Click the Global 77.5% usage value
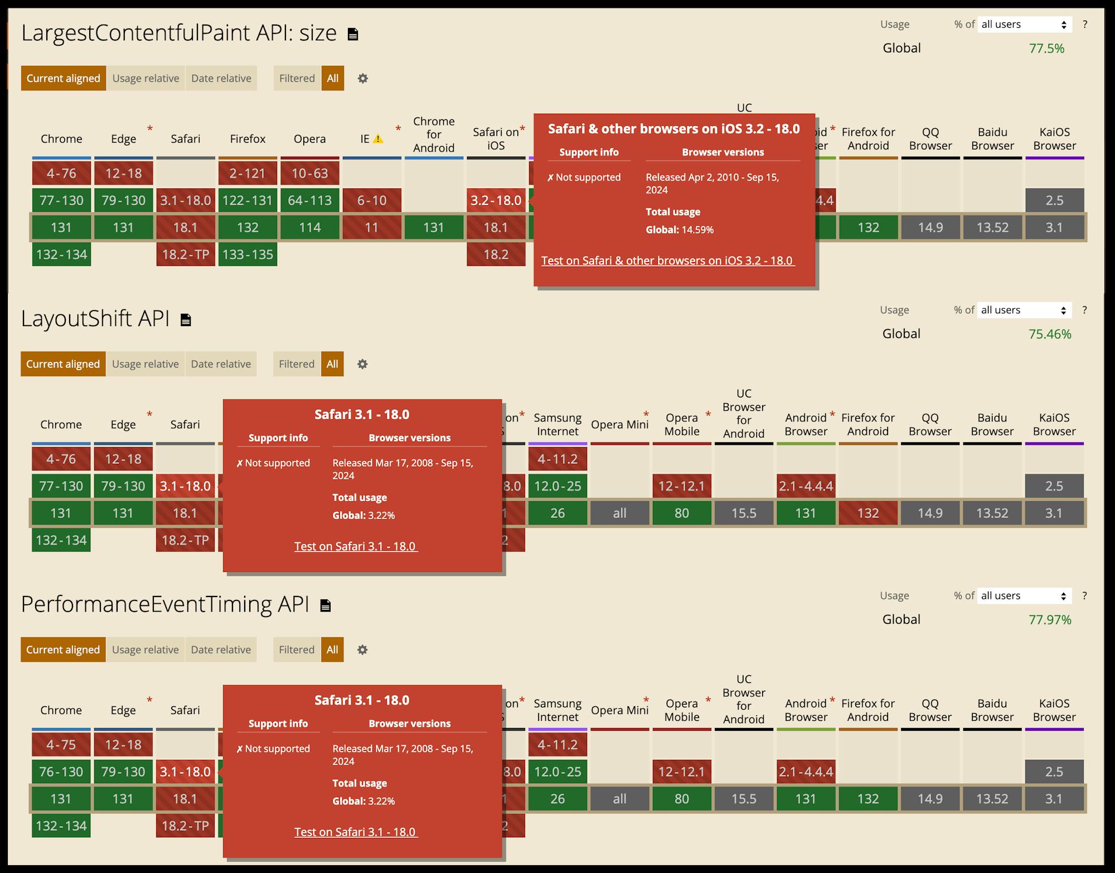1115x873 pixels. tap(1046, 48)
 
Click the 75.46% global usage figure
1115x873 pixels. tap(1050, 334)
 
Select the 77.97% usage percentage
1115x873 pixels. tap(1050, 619)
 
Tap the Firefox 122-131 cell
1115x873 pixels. tap(248, 200)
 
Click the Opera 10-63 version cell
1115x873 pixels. tap(309, 173)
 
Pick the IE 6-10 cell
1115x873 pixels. tap(371, 200)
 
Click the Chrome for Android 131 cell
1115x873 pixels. tap(433, 227)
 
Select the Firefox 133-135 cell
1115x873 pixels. tap(248, 254)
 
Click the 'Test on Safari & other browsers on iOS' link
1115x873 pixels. tap(667, 260)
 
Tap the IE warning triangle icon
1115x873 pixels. tap(378, 139)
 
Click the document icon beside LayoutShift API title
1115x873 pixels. tap(186, 320)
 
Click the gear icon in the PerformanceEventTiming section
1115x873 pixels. tap(362, 649)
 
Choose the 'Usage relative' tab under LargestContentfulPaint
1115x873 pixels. tap(146, 78)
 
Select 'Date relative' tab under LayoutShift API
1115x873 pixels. tap(221, 364)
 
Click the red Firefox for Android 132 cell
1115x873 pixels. tap(867, 513)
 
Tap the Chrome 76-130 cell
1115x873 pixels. tap(61, 772)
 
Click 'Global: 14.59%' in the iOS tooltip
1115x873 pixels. tap(679, 230)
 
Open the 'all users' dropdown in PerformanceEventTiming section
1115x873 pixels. tap(1024, 596)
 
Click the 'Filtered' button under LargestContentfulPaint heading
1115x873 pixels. tap(297, 78)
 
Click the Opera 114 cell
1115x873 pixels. tap(309, 227)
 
